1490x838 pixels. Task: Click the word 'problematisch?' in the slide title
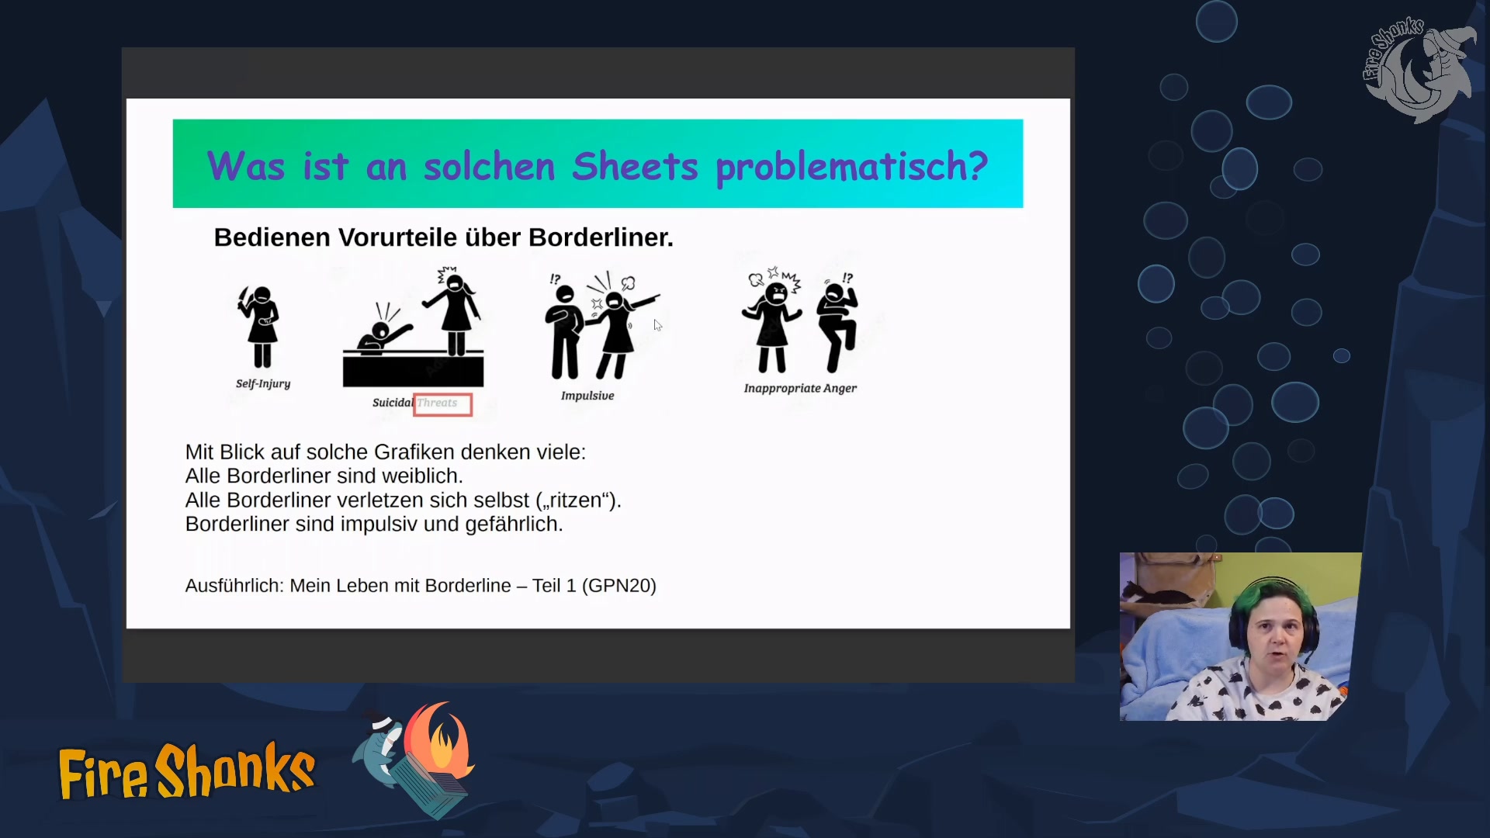851,167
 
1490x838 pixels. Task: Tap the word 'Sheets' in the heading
635,166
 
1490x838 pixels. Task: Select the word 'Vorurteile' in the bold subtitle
395,237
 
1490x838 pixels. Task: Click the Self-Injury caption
263,383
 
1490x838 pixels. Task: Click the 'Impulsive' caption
587,396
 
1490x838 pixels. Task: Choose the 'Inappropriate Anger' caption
800,388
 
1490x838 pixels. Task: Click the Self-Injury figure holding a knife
260,326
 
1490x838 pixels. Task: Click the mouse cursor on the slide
657,325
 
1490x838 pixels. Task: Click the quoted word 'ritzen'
574,500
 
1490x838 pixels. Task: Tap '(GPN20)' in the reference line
619,586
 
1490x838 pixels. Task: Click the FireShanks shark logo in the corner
1419,70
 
